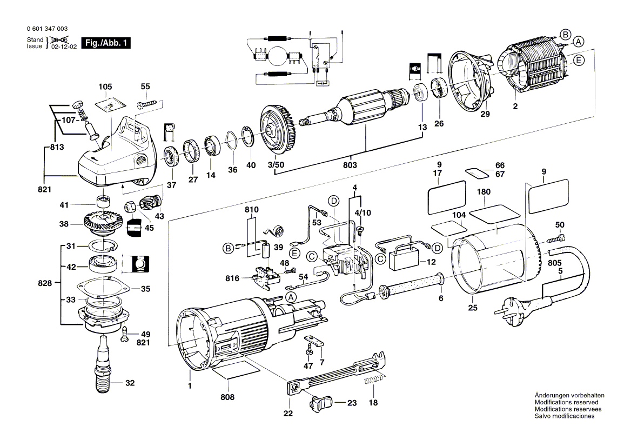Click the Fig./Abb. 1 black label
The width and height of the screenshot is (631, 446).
click(x=105, y=43)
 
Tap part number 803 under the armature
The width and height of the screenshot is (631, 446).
click(x=350, y=165)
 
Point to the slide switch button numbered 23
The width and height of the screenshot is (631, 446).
click(x=320, y=403)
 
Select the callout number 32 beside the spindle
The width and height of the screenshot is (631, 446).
click(x=130, y=383)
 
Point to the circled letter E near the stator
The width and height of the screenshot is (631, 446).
click(x=579, y=61)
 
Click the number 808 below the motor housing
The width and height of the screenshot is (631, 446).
click(x=228, y=397)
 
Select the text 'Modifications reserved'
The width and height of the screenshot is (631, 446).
click(x=566, y=402)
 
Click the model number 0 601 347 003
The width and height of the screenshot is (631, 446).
click(x=46, y=29)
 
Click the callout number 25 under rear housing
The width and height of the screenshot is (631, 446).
click(x=473, y=308)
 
